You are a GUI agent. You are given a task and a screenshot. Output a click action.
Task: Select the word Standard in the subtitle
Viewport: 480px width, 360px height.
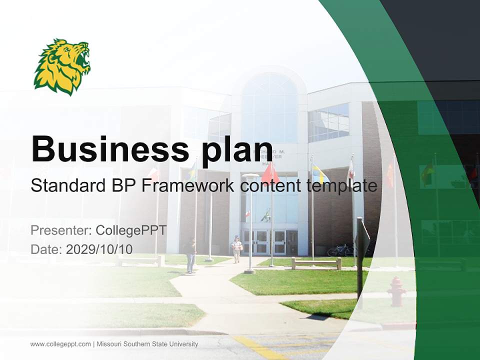click(x=66, y=186)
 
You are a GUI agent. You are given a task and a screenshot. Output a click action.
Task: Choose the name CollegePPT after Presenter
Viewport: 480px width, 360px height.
click(x=131, y=230)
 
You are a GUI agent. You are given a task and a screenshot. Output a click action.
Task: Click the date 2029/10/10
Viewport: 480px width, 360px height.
click(x=99, y=249)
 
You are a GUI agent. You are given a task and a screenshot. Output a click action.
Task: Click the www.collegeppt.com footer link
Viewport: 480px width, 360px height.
click(x=60, y=344)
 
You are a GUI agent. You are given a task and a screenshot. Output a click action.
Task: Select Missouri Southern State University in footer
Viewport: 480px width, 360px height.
click(x=147, y=344)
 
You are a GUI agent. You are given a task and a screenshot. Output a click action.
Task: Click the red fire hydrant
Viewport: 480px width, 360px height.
click(x=397, y=291)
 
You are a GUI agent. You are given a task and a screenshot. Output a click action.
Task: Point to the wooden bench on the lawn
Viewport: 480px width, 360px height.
click(x=316, y=263)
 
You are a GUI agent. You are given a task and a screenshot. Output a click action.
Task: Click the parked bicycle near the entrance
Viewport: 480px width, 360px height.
click(x=341, y=249)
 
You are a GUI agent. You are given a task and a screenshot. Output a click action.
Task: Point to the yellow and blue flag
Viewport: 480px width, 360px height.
click(x=319, y=174)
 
